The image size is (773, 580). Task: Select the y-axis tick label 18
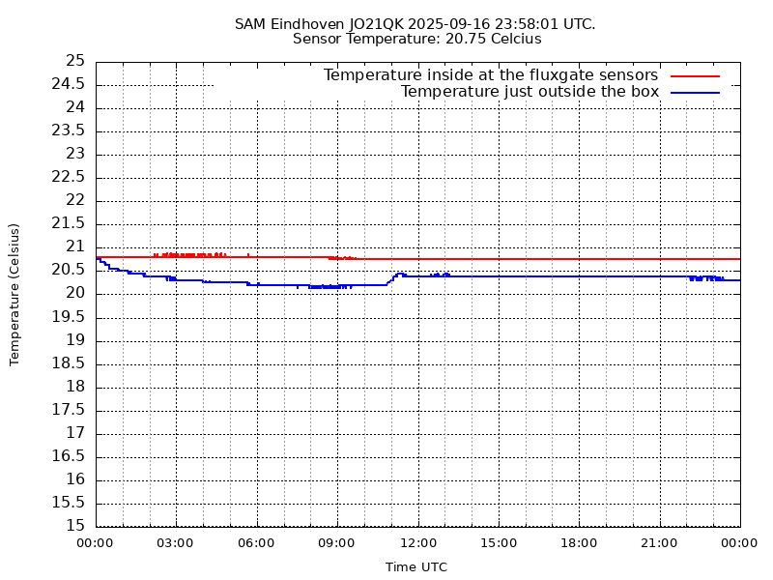click(76, 387)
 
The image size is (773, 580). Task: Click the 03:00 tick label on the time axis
click(175, 543)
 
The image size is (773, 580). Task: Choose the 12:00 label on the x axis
click(417, 543)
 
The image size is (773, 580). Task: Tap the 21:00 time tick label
click(659, 543)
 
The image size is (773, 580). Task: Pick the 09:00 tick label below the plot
click(336, 543)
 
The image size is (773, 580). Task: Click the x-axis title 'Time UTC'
click(416, 567)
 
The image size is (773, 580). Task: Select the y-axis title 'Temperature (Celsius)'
click(14, 294)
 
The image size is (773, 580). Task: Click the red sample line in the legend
click(696, 75)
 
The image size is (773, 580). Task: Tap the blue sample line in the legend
click(696, 92)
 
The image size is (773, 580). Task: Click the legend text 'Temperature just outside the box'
click(530, 92)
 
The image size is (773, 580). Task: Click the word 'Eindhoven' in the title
click(308, 23)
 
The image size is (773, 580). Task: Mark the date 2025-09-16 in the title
click(450, 23)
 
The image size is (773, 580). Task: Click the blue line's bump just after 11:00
click(399, 274)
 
